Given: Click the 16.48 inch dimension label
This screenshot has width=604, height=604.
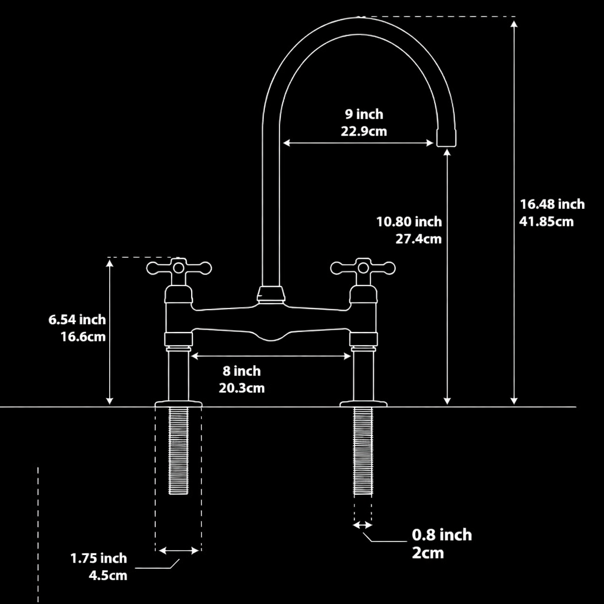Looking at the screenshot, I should click(552, 204).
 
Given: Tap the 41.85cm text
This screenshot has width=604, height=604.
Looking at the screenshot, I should click(546, 222).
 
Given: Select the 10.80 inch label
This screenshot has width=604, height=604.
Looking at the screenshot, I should click(409, 222).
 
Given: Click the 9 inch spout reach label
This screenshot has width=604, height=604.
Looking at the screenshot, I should click(364, 114).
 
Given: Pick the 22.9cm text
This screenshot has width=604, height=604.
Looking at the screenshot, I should click(364, 131).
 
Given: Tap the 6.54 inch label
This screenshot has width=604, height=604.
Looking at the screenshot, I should click(77, 320).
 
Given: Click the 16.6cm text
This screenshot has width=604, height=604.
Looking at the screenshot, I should click(83, 337).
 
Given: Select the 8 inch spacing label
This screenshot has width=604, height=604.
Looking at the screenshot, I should click(241, 371).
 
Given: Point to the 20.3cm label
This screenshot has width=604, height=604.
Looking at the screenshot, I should click(241, 388).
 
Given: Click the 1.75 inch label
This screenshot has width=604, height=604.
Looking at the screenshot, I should click(99, 558).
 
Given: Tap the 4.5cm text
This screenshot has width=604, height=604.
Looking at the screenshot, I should click(108, 575).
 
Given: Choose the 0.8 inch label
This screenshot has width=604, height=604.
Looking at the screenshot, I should click(442, 535).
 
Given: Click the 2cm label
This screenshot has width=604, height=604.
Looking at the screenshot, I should click(428, 553).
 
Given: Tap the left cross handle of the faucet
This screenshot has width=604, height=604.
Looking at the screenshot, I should click(179, 270).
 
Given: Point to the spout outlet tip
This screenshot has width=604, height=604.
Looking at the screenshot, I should click(446, 139).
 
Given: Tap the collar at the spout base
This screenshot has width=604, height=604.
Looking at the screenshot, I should click(271, 294).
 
